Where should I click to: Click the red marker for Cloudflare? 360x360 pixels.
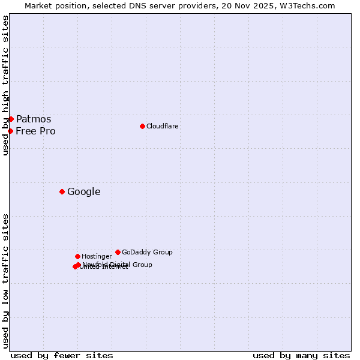[142, 126]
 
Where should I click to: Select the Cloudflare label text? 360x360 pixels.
[163, 126]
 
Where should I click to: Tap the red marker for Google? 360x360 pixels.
[62, 191]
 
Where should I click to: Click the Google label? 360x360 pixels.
[84, 192]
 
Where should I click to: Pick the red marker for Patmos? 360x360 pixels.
[11, 119]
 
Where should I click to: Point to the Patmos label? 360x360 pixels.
[34, 119]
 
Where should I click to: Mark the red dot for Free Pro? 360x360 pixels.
[10, 131]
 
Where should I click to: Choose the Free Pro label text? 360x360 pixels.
[36, 131]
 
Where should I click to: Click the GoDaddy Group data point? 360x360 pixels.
[118, 252]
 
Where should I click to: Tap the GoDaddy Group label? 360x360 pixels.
[147, 252]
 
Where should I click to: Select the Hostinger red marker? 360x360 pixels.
[77, 256]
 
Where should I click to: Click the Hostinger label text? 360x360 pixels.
[97, 256]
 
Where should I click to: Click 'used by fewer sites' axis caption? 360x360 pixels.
[62, 355]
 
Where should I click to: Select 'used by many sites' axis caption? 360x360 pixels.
[301, 355]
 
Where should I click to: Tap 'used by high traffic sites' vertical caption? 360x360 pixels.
[6, 85]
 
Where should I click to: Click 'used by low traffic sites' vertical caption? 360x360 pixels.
[6, 281]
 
